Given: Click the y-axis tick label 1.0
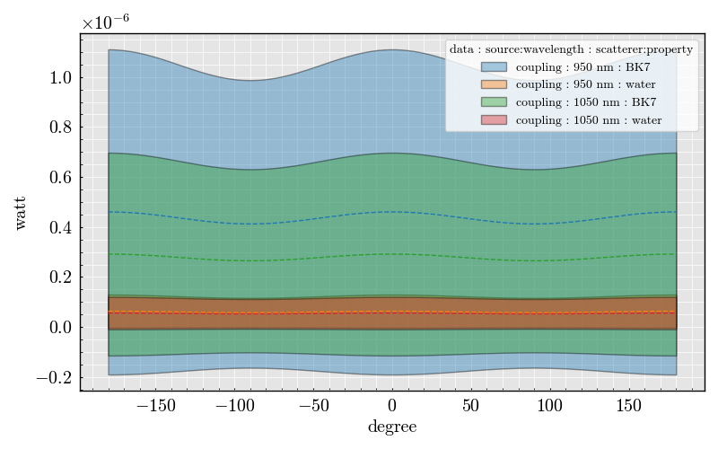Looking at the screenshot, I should pyautogui.click(x=60, y=78).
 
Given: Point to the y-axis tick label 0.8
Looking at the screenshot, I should pyautogui.click(x=60, y=128).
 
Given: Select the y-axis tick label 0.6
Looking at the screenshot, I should pyautogui.click(x=60, y=178).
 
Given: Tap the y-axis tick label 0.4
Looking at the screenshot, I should pyautogui.click(x=60, y=227).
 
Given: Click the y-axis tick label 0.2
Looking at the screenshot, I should pyautogui.click(x=60, y=277).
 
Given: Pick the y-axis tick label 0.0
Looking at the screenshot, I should pyautogui.click(x=60, y=328).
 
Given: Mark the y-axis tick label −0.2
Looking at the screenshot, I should pyautogui.click(x=54, y=377).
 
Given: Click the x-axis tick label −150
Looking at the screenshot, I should pyautogui.click(x=155, y=406).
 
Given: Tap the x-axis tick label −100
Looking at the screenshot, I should pyautogui.click(x=234, y=406).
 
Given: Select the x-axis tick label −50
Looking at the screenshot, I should pyautogui.click(x=313, y=406).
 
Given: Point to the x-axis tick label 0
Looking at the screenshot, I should pyautogui.click(x=392, y=406).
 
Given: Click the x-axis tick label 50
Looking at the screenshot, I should pyautogui.click(x=471, y=406).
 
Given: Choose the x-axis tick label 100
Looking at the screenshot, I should pyautogui.click(x=550, y=406).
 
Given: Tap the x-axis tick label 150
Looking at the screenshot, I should pyautogui.click(x=629, y=406).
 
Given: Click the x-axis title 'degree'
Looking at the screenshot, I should pyautogui.click(x=392, y=427).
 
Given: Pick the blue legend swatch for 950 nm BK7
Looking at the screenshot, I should pyautogui.click(x=494, y=67).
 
